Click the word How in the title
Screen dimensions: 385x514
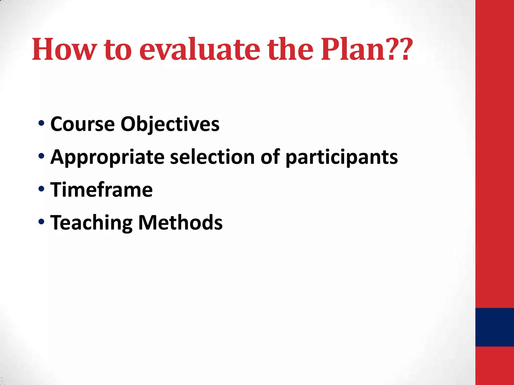click(x=64, y=49)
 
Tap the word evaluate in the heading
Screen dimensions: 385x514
click(x=200, y=49)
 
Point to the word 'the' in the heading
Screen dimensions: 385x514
click(x=290, y=49)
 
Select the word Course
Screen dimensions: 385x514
click(x=83, y=124)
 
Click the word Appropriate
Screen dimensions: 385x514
click(x=107, y=157)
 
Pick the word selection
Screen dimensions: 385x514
click(x=212, y=157)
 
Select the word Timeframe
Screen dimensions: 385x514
click(x=101, y=190)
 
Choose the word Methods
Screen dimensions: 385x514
click(x=180, y=223)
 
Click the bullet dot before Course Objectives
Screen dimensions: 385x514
click(x=41, y=123)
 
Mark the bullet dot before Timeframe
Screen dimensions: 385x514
click(x=41, y=189)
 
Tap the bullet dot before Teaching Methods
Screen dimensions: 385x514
click(x=41, y=222)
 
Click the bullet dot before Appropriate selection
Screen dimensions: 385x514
click(x=41, y=156)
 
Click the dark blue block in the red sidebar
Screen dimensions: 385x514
click(x=494, y=327)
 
